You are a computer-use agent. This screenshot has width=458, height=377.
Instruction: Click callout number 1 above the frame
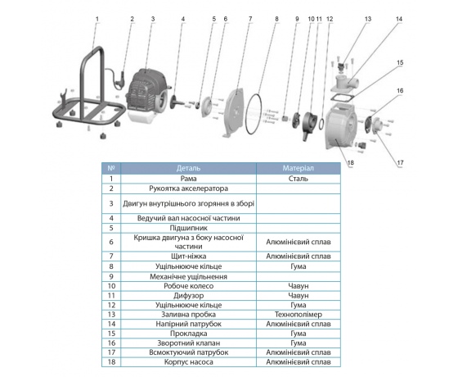(97, 19)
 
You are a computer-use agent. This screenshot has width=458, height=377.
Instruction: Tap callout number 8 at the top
(276, 19)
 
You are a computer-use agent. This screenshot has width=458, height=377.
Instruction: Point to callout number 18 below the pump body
(351, 162)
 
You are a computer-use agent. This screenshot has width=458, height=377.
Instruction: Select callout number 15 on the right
(400, 62)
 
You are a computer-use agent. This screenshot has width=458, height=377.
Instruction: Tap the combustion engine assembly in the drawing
(147, 93)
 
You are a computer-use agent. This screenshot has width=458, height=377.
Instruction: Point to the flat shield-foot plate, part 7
(236, 113)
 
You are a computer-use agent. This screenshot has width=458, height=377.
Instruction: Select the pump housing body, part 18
(341, 126)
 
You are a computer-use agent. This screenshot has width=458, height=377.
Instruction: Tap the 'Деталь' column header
(188, 168)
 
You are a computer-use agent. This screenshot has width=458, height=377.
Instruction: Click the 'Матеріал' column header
(298, 168)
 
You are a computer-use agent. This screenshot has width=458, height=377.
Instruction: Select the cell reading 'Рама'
(188, 179)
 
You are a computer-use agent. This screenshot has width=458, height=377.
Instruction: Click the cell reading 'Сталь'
(298, 179)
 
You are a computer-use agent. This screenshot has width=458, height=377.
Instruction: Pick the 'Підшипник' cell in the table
(188, 228)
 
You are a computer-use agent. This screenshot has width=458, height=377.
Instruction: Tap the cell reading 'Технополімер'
(298, 315)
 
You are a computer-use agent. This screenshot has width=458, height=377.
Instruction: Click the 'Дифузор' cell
(188, 296)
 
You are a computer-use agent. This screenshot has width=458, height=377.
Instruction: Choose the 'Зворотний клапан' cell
(188, 343)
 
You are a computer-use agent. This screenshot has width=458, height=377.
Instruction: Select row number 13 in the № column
(111, 315)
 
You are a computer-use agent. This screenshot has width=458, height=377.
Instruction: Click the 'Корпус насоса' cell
(188, 361)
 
